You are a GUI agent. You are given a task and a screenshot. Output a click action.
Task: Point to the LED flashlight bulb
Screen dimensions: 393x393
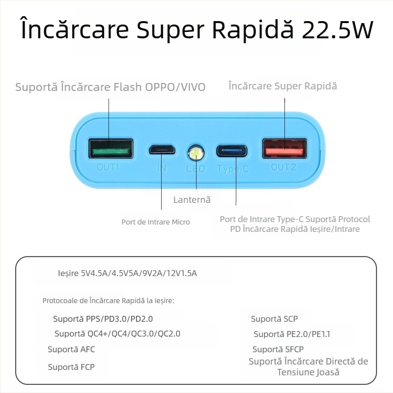pyautogui.click(x=196, y=153)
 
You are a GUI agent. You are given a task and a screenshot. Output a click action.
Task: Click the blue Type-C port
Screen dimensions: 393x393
pyautogui.click(x=232, y=150)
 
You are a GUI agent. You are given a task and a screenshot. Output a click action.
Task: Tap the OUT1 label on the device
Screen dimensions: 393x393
pyautogui.click(x=108, y=167)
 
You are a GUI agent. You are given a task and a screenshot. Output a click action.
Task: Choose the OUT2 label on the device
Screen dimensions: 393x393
pyautogui.click(x=284, y=167)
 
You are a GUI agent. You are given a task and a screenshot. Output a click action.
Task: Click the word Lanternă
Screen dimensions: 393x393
pyautogui.click(x=192, y=200)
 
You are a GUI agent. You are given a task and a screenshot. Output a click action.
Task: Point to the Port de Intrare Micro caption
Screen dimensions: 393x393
pyautogui.click(x=156, y=222)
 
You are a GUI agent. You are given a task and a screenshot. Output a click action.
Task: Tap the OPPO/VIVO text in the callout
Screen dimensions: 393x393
pyautogui.click(x=175, y=87)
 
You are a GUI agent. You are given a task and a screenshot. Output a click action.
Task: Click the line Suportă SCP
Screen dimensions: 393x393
pyautogui.click(x=274, y=319)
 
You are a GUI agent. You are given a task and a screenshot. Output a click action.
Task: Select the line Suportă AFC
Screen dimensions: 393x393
pyautogui.click(x=71, y=349)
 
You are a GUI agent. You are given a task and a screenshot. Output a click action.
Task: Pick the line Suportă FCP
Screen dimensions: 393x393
pyautogui.click(x=71, y=367)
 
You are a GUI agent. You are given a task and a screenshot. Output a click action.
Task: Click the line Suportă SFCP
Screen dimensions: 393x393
pyautogui.click(x=278, y=349)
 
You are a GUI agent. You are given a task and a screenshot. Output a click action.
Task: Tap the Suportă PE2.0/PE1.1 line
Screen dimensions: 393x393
pyautogui.click(x=292, y=334)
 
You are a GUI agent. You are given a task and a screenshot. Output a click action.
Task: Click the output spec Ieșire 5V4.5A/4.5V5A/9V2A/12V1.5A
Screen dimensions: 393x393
pyautogui.click(x=127, y=273)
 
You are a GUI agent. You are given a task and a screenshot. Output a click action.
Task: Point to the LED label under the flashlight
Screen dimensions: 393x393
pyautogui.click(x=195, y=168)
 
